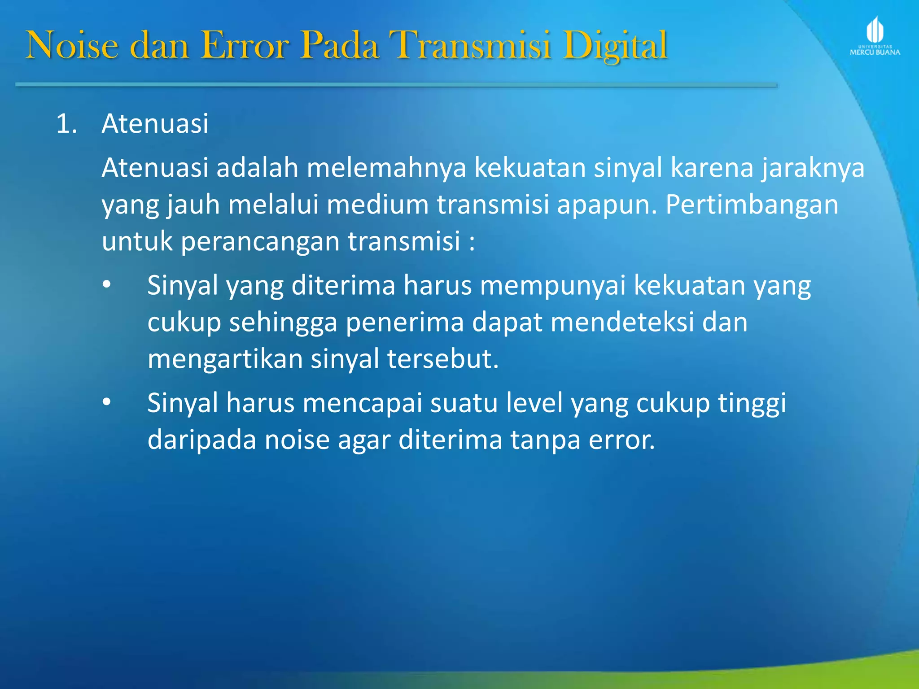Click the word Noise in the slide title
72,46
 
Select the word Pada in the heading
340,46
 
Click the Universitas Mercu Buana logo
875,36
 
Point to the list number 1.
66,124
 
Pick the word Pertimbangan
752,205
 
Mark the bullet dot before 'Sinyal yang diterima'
106,285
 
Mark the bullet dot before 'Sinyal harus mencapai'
106,402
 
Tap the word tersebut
442,359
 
